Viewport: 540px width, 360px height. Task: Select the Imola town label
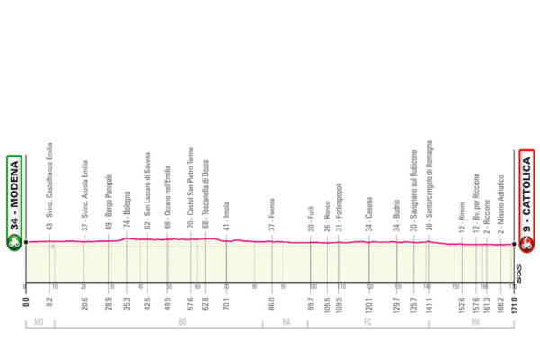(226, 220)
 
